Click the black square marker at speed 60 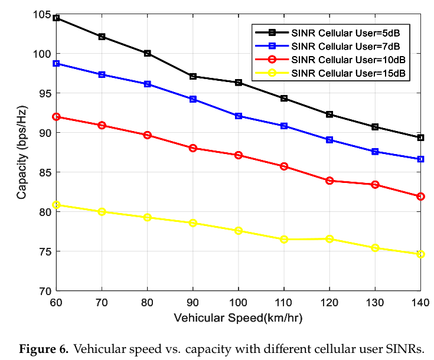[56, 18]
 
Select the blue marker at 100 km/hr [239, 116]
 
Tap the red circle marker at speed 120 [329, 181]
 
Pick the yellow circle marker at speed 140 [420, 254]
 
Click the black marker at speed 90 [192, 76]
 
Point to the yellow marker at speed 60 [56, 205]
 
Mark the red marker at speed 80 [147, 135]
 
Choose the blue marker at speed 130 [375, 152]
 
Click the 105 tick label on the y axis [43, 14]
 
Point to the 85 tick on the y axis [45, 172]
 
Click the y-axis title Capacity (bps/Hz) [22, 152]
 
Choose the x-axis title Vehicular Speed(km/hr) [238, 318]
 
